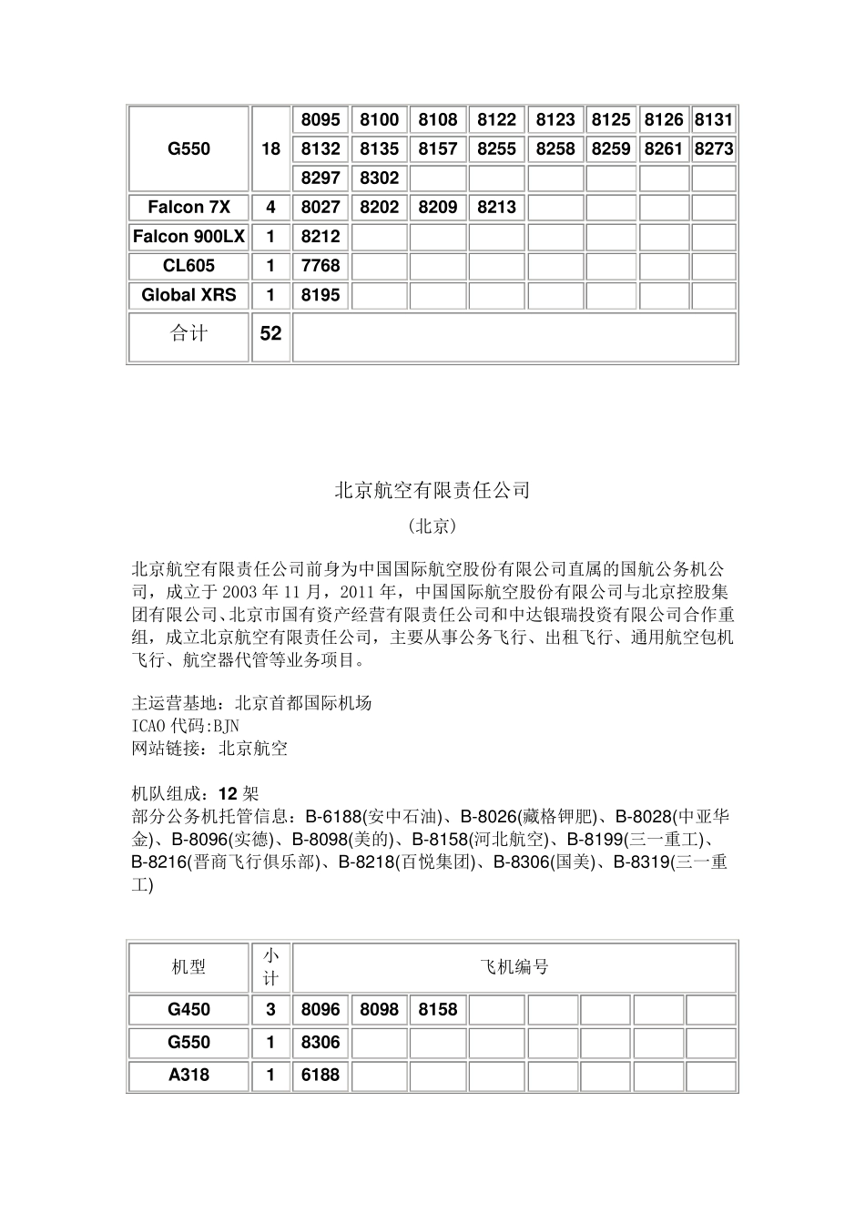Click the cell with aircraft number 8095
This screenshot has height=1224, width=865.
(321, 119)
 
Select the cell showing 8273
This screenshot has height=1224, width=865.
(713, 148)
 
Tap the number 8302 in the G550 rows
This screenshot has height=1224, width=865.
(379, 178)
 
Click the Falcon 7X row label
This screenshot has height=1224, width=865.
(188, 207)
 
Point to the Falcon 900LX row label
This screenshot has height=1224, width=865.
(188, 236)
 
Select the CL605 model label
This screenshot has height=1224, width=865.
(188, 265)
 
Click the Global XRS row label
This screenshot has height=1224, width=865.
(188, 294)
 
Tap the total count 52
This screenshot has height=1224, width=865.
(270, 333)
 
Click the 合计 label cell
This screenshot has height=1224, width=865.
(188, 333)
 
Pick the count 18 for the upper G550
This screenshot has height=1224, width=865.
(270, 148)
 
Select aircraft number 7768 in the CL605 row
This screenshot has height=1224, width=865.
(321, 265)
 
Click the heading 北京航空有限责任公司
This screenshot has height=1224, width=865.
(432, 490)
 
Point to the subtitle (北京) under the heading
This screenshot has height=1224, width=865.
(432, 526)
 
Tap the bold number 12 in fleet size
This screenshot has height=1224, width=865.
(229, 793)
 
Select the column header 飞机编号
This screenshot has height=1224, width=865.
(514, 966)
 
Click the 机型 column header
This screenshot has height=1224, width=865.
(188, 966)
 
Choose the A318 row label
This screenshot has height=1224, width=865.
(188, 1075)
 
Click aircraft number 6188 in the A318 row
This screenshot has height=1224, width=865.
(321, 1075)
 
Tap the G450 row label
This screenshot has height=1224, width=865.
(188, 1009)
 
